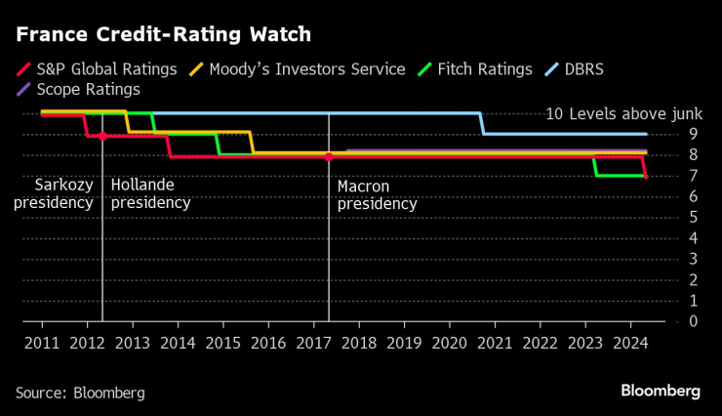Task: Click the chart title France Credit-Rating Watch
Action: [x=163, y=35]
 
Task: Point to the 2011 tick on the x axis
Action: [x=42, y=343]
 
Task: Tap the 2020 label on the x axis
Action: [x=450, y=343]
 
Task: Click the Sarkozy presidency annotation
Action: [x=53, y=193]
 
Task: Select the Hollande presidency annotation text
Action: [x=150, y=193]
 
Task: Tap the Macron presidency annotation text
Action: [x=377, y=195]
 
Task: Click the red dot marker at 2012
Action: [x=102, y=136]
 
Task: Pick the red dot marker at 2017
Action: [x=329, y=156]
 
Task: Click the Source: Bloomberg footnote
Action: [x=80, y=393]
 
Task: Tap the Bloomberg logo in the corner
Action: [x=661, y=391]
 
